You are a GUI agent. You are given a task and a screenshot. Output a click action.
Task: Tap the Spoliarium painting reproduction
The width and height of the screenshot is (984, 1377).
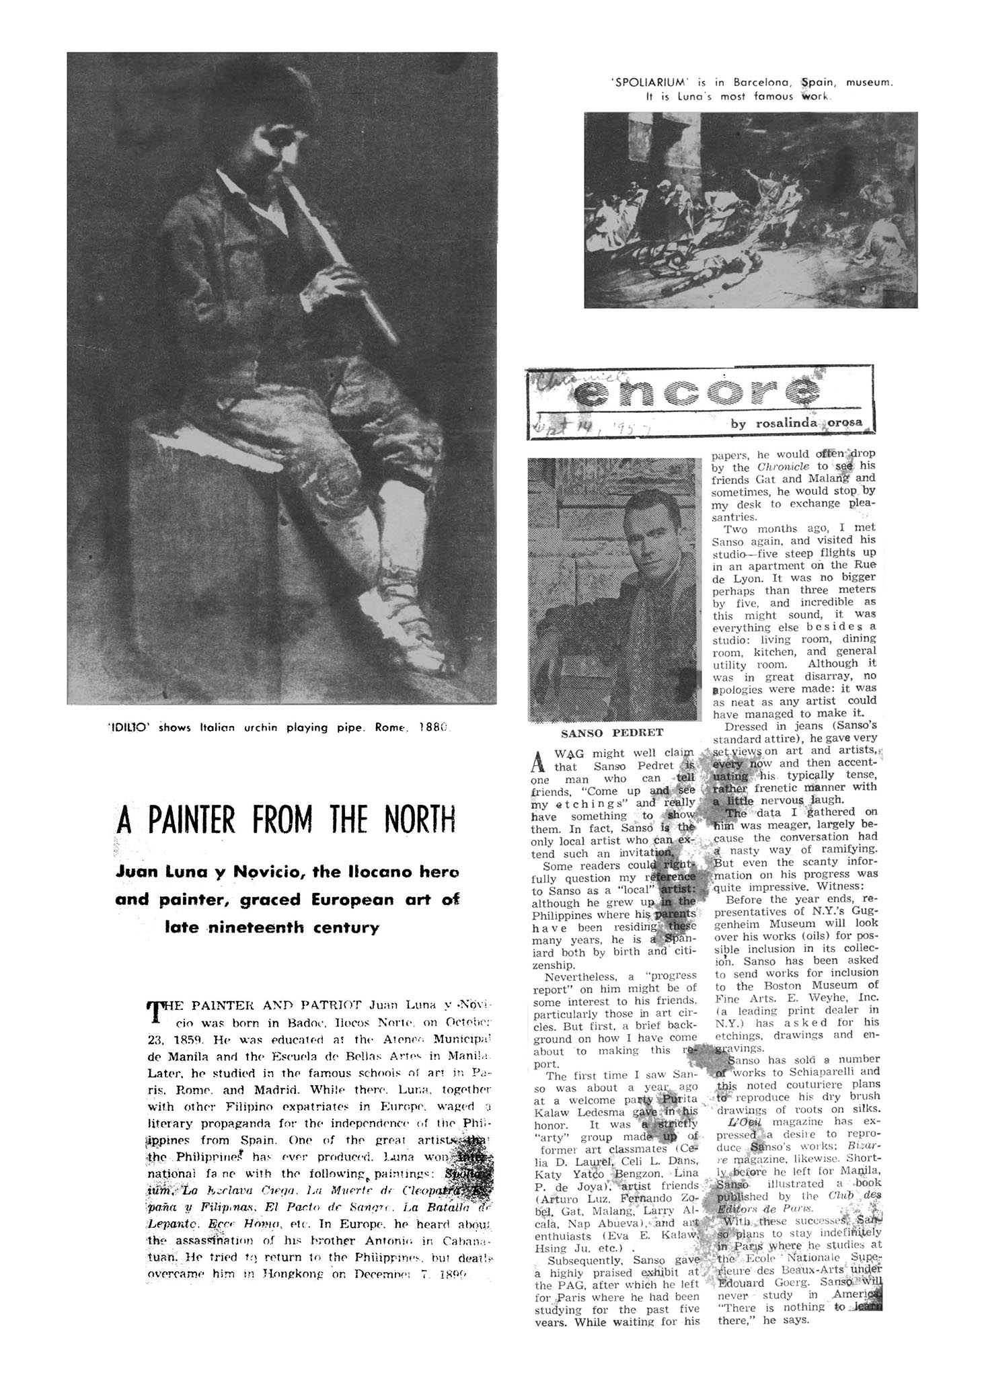click(x=750, y=210)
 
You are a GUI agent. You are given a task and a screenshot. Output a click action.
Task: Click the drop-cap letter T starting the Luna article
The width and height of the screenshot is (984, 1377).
click(x=155, y=1011)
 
